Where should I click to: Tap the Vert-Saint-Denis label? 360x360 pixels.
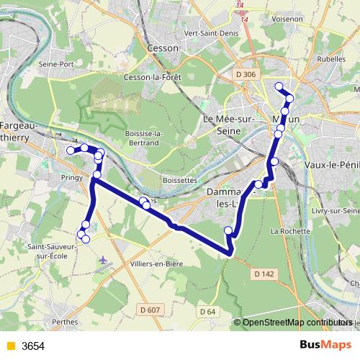[x=211, y=33]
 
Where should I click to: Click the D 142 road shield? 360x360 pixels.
[x=265, y=274]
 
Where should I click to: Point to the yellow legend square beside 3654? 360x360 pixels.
[x=9, y=346]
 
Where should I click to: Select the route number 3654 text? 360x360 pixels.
[x=33, y=346]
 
